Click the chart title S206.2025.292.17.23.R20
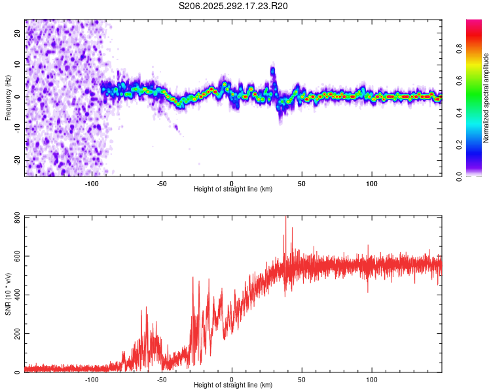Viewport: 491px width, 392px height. [x=233, y=6]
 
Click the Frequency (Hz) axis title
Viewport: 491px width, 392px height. [x=9, y=97]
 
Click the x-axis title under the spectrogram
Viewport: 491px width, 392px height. [x=233, y=189]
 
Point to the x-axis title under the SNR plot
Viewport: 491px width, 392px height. [x=233, y=385]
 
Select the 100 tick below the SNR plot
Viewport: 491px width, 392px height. [x=372, y=379]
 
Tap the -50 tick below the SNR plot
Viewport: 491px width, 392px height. [x=162, y=379]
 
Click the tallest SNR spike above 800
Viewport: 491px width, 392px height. [x=285, y=218]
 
